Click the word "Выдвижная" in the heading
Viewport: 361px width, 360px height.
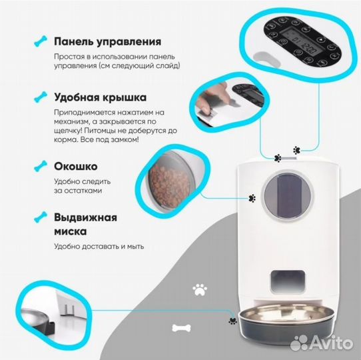click(86, 217)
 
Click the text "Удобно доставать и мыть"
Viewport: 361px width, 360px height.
click(99, 247)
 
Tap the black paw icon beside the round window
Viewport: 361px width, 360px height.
click(253, 198)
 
